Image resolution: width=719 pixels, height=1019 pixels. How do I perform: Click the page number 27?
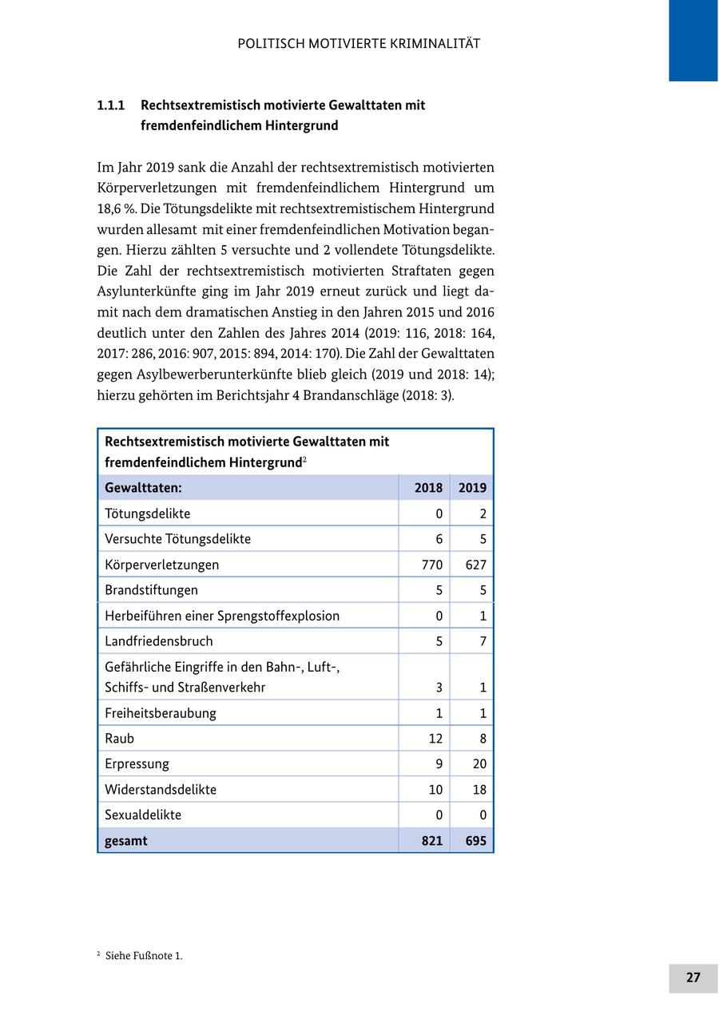tap(693, 977)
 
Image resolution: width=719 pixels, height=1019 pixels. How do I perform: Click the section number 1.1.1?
tap(113, 105)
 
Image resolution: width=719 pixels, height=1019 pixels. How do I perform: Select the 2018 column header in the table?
tap(429, 488)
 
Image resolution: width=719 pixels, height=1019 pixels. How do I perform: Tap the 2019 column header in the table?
tap(472, 488)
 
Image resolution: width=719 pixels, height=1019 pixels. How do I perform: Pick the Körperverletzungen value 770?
tap(431, 565)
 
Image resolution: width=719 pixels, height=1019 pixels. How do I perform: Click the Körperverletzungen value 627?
tap(475, 565)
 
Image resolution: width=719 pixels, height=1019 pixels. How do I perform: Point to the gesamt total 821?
tap(431, 840)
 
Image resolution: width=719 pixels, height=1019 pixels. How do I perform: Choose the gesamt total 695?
tap(475, 840)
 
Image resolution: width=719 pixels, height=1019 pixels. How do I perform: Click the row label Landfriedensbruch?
tap(159, 641)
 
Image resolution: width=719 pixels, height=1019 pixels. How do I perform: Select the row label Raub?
tap(120, 739)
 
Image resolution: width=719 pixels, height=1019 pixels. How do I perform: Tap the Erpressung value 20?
tap(479, 764)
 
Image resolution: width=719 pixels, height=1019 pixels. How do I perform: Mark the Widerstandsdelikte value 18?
tap(479, 790)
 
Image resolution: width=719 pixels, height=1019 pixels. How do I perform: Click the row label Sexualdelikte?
tap(143, 815)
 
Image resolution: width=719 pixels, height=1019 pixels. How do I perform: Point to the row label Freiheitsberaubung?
tap(161, 713)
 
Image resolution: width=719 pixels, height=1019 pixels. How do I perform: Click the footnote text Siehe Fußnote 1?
tap(144, 956)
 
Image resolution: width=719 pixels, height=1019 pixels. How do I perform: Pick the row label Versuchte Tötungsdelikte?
tap(178, 539)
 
